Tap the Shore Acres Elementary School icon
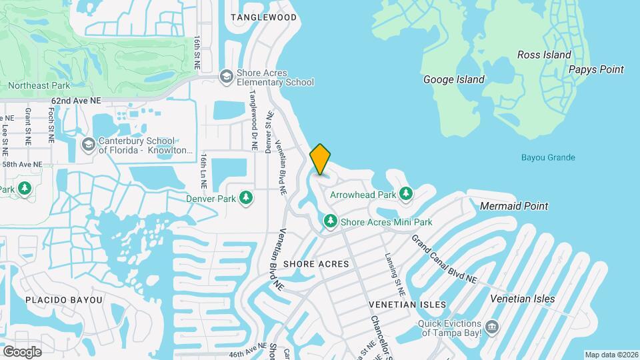pos(227,77)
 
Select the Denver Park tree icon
pos(246,198)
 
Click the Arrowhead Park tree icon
pos(405,194)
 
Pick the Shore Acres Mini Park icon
pos(330,221)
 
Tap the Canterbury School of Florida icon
pos(88,145)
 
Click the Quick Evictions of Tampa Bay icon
pos(492,327)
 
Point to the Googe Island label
pos(454,79)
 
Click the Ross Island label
pos(544,55)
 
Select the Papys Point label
pos(596,69)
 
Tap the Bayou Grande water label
pos(547,158)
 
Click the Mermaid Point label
pos(514,206)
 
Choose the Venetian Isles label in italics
pos(522,299)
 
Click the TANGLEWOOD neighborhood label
pos(263,17)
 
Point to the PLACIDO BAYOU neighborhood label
pos(64,300)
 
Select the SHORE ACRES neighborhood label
pos(316,264)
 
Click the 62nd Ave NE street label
pos(75,100)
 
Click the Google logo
pos(22,351)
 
